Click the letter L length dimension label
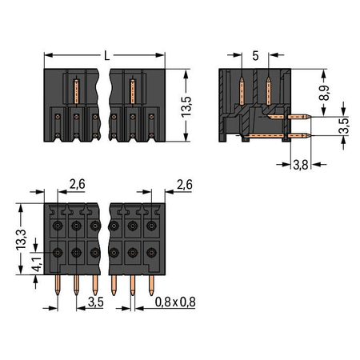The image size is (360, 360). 106,56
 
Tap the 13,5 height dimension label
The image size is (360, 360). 186,106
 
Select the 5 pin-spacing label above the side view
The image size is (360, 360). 255,56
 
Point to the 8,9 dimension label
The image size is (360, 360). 324,93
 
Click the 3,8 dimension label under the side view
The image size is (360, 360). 301,165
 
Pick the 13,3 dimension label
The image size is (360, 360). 22,239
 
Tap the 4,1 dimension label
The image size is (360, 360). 38,264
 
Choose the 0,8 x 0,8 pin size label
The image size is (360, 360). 175,302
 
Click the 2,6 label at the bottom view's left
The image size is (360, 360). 78,184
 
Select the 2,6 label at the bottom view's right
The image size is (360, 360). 185,185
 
